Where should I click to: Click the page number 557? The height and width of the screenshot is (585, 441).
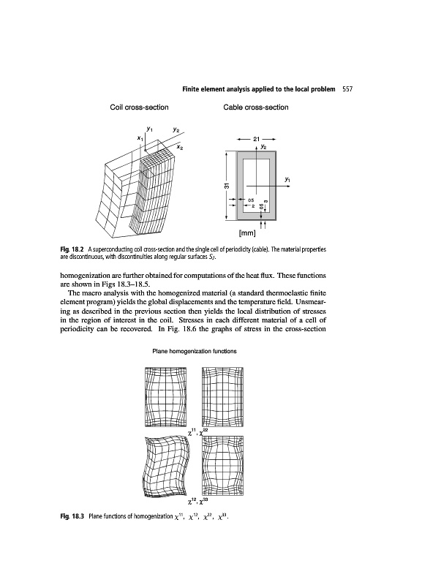348,89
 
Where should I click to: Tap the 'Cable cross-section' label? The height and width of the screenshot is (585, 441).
252,108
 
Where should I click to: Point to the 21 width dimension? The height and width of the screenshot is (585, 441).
255,139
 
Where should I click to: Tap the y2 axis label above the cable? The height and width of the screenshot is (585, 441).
264,146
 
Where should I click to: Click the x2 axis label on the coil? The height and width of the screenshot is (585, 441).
180,148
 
